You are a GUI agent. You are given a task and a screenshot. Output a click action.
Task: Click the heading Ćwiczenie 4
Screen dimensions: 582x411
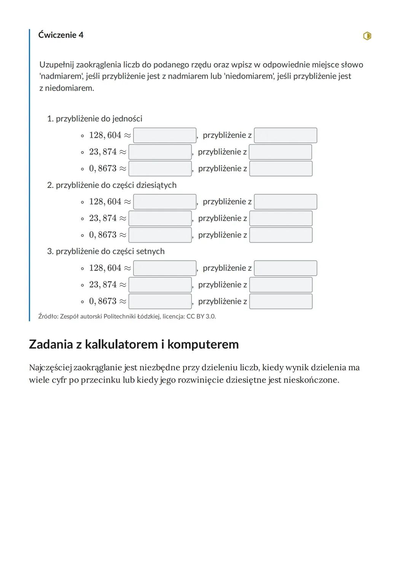[x=61, y=35]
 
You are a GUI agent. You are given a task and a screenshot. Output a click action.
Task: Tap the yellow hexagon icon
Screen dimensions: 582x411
[x=367, y=36]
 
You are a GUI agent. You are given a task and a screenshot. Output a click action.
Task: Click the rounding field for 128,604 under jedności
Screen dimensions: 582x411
[x=165, y=136]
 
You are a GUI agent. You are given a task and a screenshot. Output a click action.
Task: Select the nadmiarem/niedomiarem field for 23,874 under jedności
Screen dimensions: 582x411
[x=280, y=152]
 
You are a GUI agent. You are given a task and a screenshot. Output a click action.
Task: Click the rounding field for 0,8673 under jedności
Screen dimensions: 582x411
[x=160, y=169]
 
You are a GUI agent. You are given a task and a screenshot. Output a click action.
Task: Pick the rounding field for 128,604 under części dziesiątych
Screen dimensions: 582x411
[x=165, y=202]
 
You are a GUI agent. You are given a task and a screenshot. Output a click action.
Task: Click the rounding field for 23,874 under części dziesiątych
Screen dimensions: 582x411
[x=160, y=219]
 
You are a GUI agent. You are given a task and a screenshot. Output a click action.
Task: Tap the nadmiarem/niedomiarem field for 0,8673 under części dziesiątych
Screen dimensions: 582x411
[x=281, y=235]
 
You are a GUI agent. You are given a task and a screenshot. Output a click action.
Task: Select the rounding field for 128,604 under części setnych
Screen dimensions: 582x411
[x=165, y=268]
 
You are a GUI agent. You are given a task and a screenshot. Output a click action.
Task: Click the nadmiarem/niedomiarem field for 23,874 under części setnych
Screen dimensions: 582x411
[x=281, y=285]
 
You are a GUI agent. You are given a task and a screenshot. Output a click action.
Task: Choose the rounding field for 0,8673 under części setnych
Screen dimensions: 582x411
[x=160, y=301]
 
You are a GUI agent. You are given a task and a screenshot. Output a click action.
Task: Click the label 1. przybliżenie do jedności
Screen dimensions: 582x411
[x=95, y=119]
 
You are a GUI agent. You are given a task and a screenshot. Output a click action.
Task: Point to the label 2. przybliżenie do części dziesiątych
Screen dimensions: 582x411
[x=112, y=185]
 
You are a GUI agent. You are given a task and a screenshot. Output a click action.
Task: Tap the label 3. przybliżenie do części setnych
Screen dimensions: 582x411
[x=106, y=251]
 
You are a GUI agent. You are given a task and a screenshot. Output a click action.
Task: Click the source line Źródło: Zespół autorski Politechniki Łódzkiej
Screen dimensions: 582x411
[x=127, y=317]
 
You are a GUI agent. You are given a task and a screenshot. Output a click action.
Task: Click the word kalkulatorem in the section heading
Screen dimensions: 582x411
[x=121, y=344]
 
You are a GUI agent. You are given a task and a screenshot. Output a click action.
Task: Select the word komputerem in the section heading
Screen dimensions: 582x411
[x=203, y=344]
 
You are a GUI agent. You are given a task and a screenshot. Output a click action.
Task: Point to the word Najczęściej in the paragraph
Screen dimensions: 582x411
[x=50, y=368]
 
